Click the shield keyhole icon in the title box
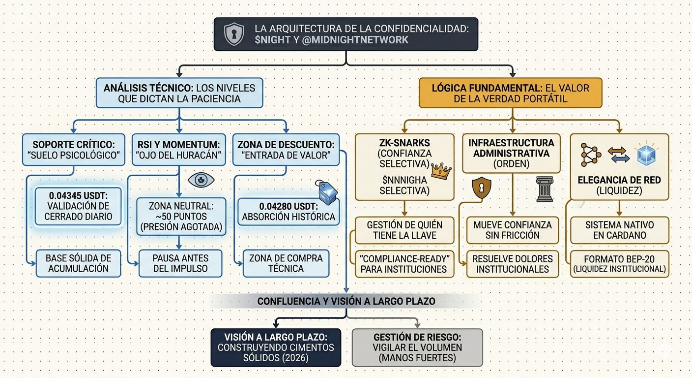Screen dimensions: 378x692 pos(233,34)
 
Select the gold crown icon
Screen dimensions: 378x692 pos(441,171)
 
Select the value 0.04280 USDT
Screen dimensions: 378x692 pos(283,206)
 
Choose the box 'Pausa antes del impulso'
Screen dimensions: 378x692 pos(180,263)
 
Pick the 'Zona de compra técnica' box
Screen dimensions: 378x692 pos(286,263)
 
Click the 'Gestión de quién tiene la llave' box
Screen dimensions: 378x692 pos(404,230)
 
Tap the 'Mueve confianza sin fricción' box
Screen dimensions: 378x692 pos(513,230)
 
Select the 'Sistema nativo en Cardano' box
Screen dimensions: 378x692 pos(619,230)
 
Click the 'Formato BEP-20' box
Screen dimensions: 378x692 pos(619,263)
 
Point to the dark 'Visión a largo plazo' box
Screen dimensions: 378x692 pos(275,347)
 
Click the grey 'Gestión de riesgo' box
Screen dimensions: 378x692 pos(417,347)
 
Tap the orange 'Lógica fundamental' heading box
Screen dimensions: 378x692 pos(510,93)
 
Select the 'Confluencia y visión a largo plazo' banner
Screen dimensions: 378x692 pos(346,301)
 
